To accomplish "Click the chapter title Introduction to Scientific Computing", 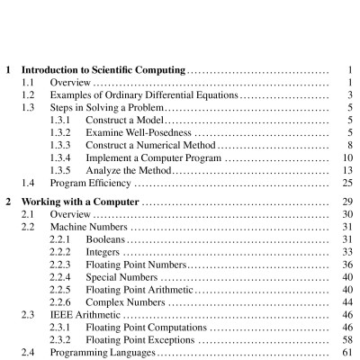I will pyautogui.click(x=103, y=68).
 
